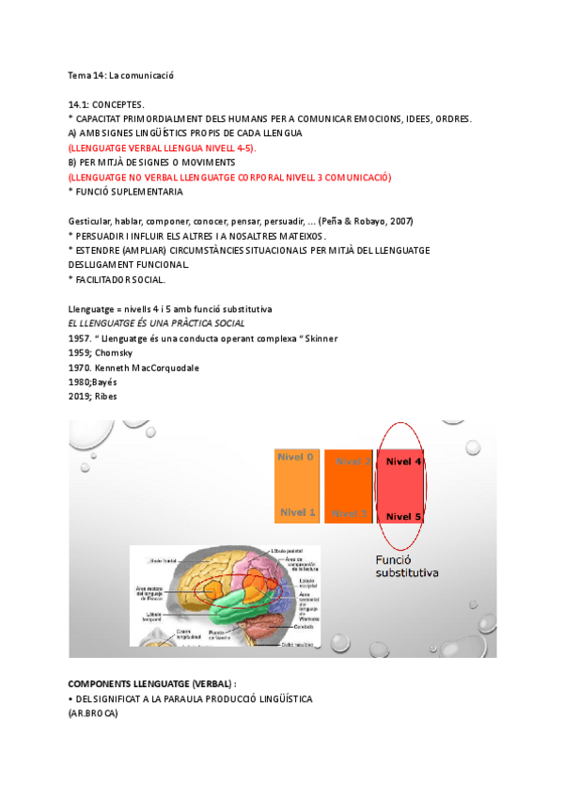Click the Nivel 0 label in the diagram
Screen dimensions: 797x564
[x=295, y=457]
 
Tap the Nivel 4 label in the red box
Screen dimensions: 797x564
[x=404, y=461]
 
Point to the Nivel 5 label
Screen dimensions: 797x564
[x=404, y=516]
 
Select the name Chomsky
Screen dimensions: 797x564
[x=114, y=352]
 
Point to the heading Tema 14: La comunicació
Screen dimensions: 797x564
[x=121, y=74]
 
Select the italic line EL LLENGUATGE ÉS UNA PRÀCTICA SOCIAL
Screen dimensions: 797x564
[x=156, y=323]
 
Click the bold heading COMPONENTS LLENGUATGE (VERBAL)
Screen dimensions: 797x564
[x=152, y=684]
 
